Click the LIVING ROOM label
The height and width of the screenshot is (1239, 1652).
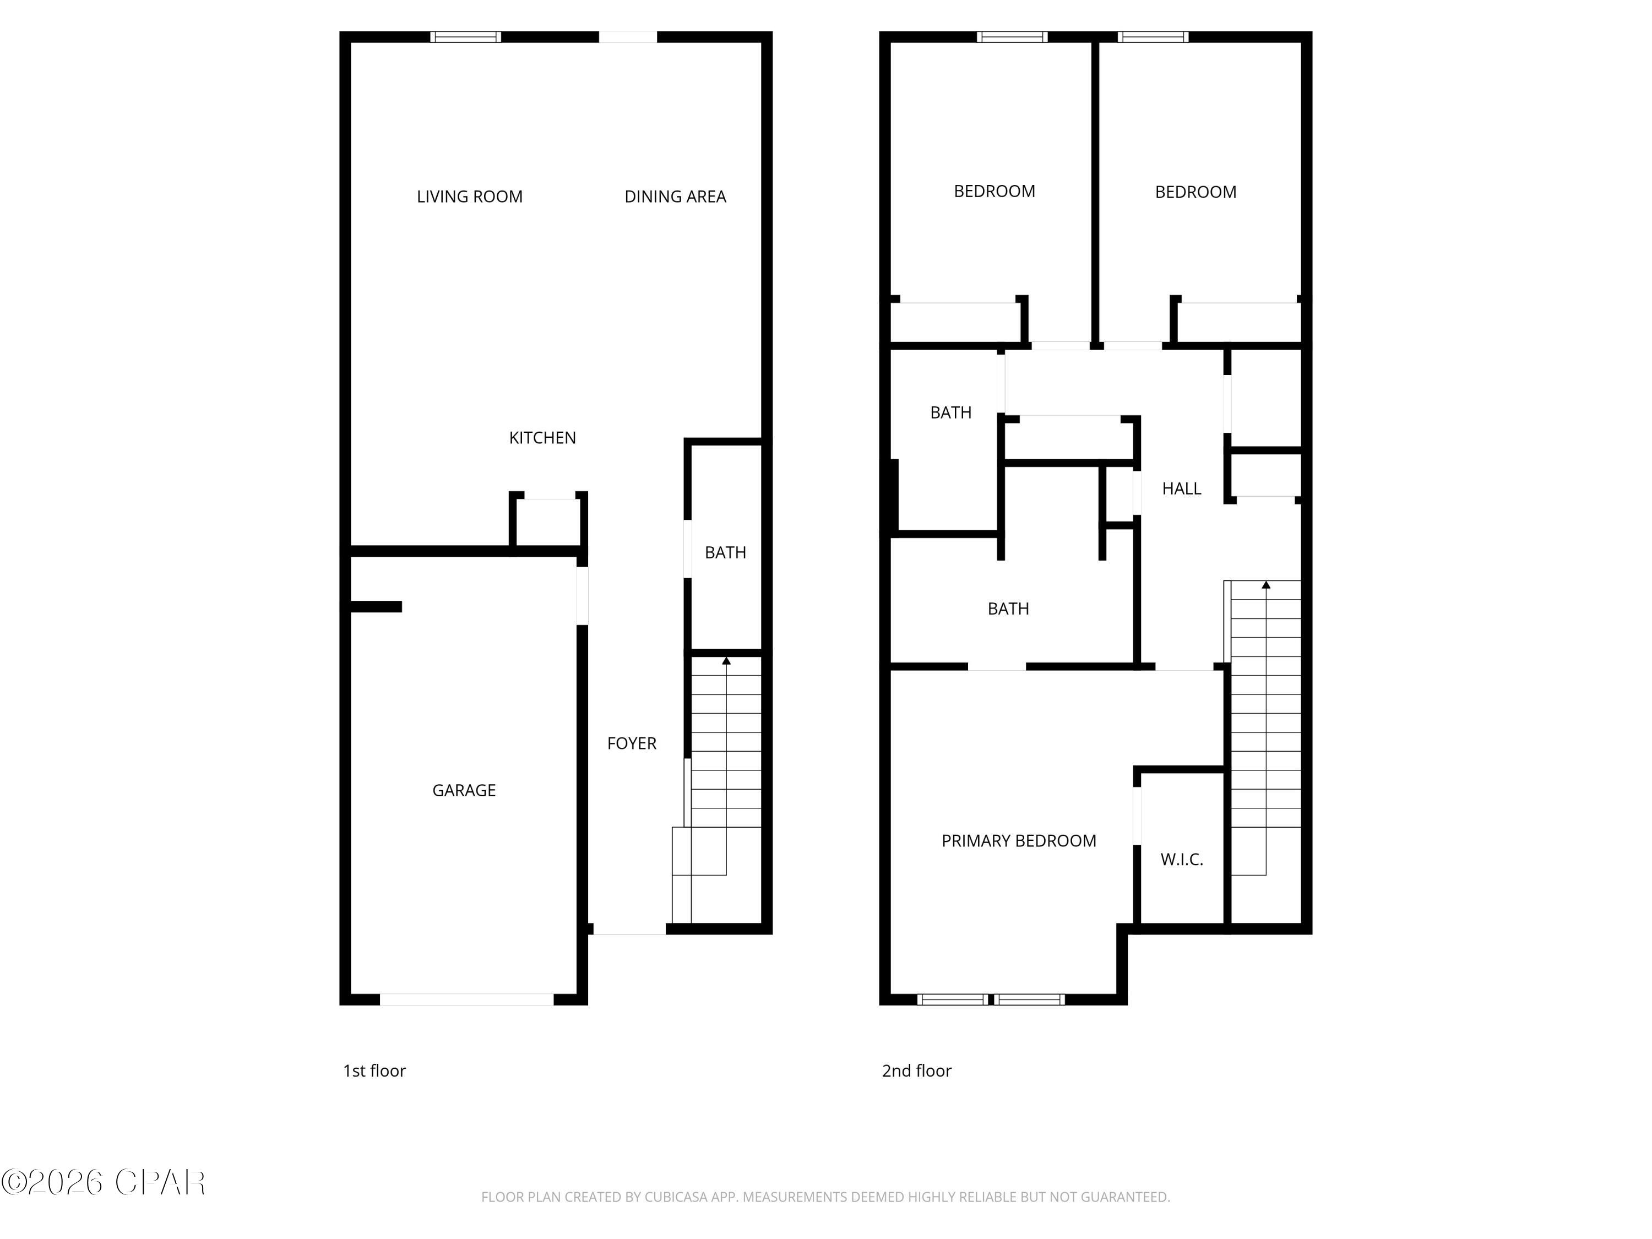pyautogui.click(x=469, y=197)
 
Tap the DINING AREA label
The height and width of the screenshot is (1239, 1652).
pyautogui.click(x=675, y=197)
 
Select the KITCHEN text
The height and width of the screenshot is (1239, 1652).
pyautogui.click(x=542, y=438)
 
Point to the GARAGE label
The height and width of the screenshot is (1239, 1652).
pyautogui.click(x=464, y=790)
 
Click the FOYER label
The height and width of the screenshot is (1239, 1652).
pyautogui.click(x=631, y=743)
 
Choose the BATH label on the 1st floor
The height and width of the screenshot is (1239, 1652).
pyautogui.click(x=725, y=553)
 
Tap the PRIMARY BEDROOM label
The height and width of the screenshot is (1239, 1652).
pyautogui.click(x=1018, y=841)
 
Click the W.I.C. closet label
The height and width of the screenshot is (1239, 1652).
pyautogui.click(x=1182, y=860)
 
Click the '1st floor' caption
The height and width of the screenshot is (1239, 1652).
pyautogui.click(x=374, y=1071)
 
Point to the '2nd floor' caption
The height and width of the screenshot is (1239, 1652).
pyautogui.click(x=916, y=1071)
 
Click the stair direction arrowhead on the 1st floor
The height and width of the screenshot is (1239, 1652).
pyautogui.click(x=726, y=661)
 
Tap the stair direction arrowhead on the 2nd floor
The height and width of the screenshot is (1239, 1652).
pyautogui.click(x=1266, y=585)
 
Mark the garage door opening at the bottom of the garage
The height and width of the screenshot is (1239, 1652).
pyautogui.click(x=467, y=999)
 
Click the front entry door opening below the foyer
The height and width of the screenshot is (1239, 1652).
pyautogui.click(x=629, y=929)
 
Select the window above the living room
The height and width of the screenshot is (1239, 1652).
pyautogui.click(x=465, y=36)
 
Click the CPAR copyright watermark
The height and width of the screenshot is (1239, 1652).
pyautogui.click(x=103, y=1182)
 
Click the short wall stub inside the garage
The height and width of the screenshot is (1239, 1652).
pyautogui.click(x=376, y=606)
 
